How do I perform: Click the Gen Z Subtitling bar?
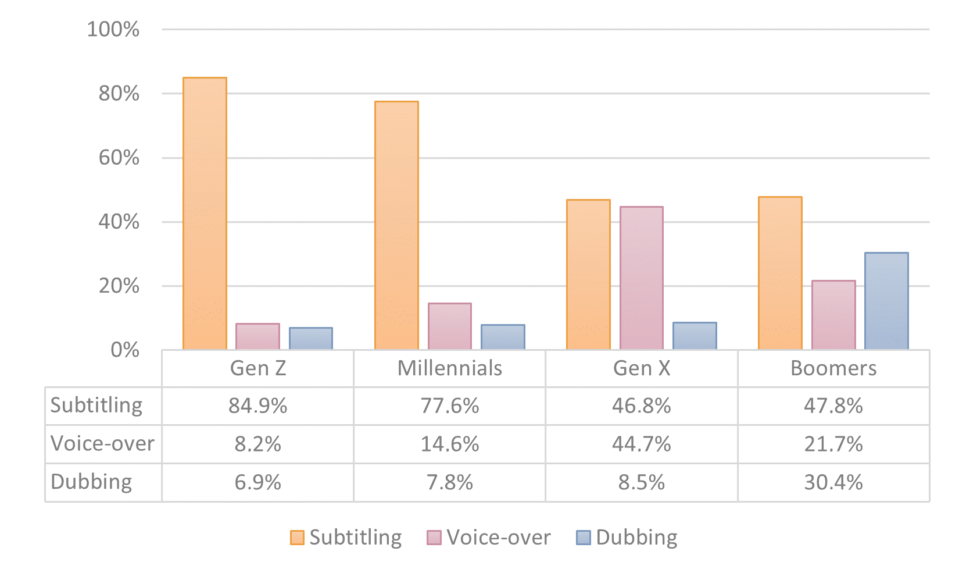click(205, 214)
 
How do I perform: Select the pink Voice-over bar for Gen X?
click(641, 278)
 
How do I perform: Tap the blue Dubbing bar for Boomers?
click(886, 301)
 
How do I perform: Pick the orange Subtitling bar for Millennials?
click(396, 226)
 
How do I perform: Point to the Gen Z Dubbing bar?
click(311, 339)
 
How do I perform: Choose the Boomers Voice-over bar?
click(833, 315)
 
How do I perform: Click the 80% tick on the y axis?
click(119, 94)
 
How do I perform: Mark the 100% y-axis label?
click(113, 29)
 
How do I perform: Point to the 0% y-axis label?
click(125, 350)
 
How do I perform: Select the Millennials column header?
click(449, 368)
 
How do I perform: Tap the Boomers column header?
click(833, 368)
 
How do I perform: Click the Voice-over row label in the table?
click(102, 444)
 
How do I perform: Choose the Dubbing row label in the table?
click(91, 482)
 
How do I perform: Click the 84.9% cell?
click(257, 406)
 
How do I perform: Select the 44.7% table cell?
click(641, 445)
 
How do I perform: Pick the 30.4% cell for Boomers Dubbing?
click(833, 483)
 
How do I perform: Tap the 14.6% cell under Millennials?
click(449, 445)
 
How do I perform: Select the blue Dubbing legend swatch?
click(583, 538)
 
